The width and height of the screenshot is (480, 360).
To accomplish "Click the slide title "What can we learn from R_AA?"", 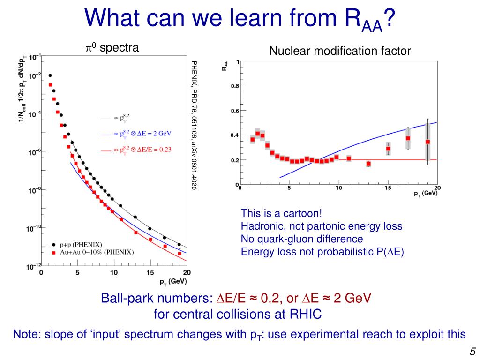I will [x=240, y=19].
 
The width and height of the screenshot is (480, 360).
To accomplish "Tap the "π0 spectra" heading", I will [x=112, y=48].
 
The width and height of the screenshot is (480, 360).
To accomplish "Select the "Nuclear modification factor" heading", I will [x=340, y=51].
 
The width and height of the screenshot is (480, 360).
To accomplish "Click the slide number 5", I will [x=472, y=352].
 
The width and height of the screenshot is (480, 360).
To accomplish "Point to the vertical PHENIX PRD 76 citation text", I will [x=194, y=125].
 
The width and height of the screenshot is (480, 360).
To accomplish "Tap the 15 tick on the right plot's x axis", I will [x=388, y=188].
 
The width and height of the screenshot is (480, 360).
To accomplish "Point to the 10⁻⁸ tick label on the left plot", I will [x=35, y=191].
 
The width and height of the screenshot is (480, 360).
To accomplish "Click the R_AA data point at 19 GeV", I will [x=427, y=142].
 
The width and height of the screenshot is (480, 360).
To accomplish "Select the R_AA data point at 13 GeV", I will [x=368, y=164].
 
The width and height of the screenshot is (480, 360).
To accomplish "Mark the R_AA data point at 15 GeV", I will [x=388, y=149].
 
